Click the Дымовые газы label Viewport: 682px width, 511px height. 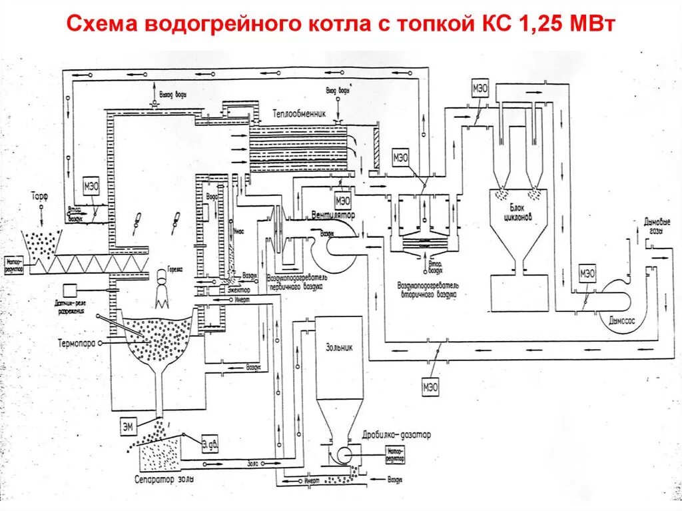point(657,225)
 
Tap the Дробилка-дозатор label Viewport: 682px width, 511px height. point(397,434)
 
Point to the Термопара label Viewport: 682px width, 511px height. point(76,344)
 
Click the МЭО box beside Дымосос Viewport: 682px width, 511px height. point(587,273)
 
